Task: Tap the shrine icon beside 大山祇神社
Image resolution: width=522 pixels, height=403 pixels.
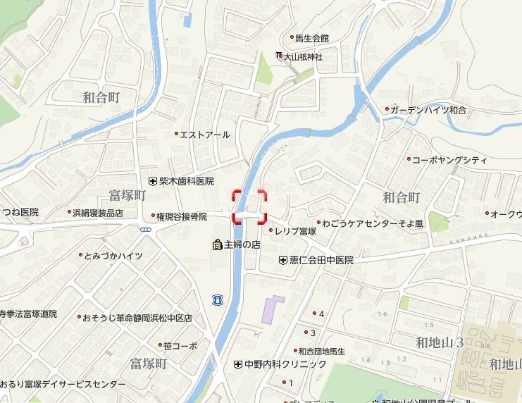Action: (279, 56)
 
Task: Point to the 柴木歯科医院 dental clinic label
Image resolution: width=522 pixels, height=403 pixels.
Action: (186, 181)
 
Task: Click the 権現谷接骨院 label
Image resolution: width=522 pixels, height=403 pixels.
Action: (181, 216)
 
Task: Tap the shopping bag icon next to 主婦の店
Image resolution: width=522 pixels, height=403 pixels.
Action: (216, 245)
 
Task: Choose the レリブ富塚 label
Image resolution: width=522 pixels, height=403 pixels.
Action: (295, 230)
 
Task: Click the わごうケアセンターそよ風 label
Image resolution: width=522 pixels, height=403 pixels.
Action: (368, 224)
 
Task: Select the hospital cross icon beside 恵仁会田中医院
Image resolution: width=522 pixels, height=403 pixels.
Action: (283, 260)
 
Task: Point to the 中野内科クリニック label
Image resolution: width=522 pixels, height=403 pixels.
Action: (285, 364)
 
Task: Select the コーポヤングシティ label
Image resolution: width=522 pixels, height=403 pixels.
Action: (449, 160)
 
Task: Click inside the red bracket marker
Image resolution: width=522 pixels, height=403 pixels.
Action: (249, 206)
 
